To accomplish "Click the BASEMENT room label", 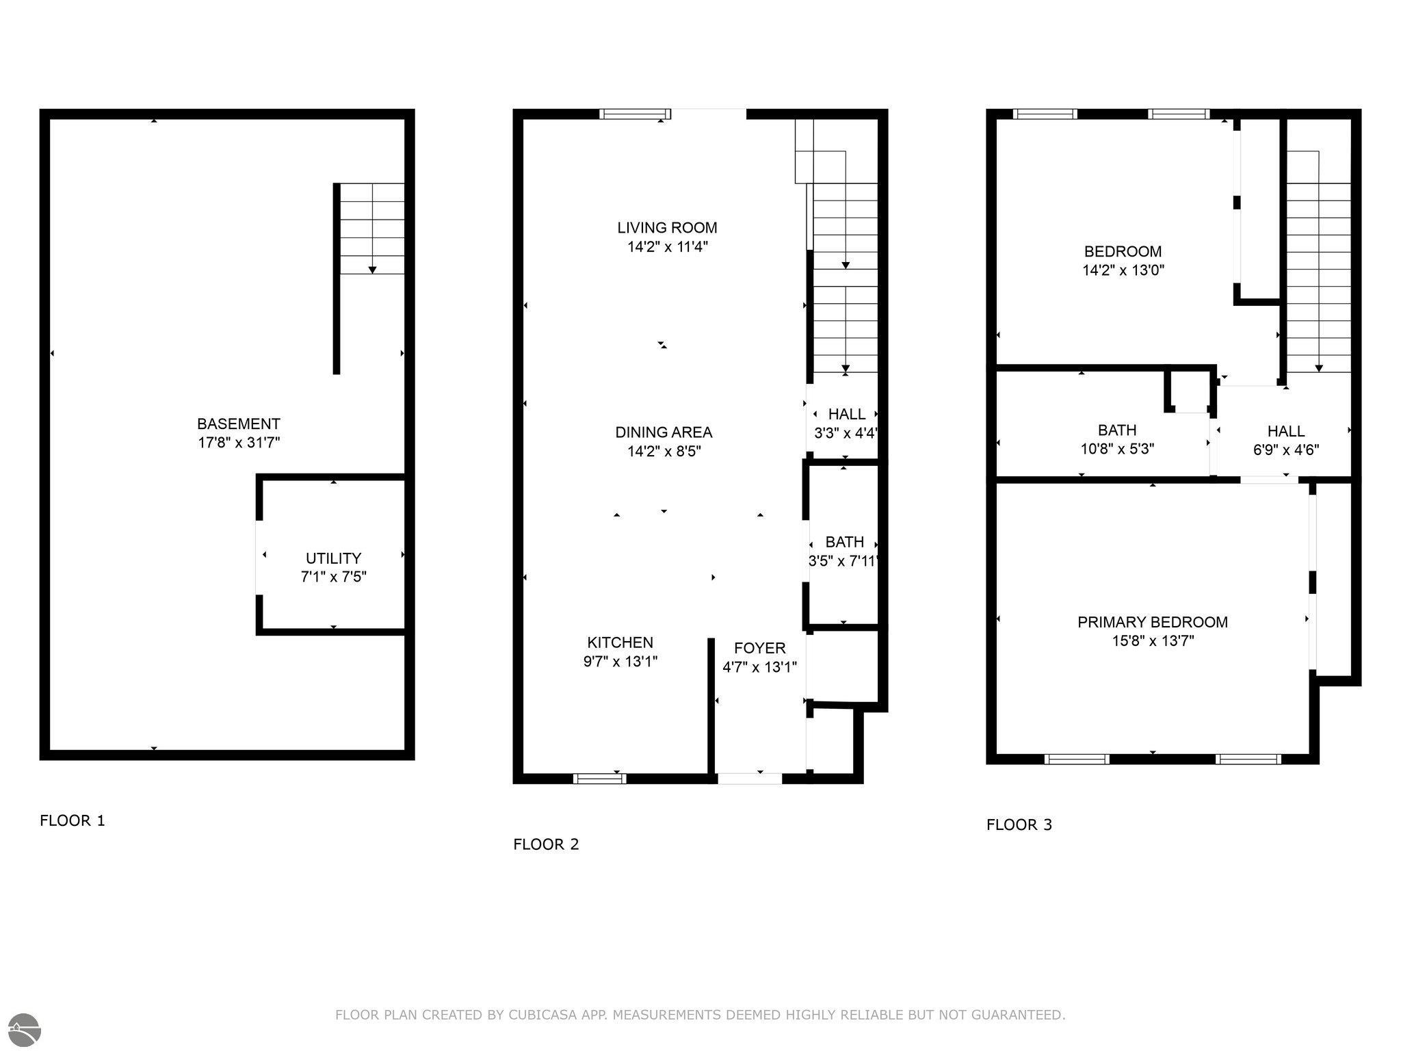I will (238, 424).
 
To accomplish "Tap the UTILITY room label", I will (333, 558).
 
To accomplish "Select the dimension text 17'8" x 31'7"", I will (238, 443).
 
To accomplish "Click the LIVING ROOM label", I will (667, 228).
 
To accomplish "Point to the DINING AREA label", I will (664, 432).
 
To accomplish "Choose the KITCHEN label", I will (620, 643).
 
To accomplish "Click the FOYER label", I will (759, 648).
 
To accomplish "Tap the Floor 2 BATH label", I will (844, 542).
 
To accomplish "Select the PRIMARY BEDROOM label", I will (1152, 622).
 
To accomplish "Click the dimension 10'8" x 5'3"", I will (1116, 450).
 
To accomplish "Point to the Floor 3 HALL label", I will (1285, 431).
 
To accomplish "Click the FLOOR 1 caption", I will (73, 820).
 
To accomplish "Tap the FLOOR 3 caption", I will (1019, 825).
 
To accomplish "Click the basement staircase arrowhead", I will (372, 270).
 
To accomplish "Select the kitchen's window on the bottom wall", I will (599, 778).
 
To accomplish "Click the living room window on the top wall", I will (635, 114).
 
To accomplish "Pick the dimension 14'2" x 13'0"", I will (1123, 270).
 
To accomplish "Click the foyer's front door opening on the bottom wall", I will (749, 778).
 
